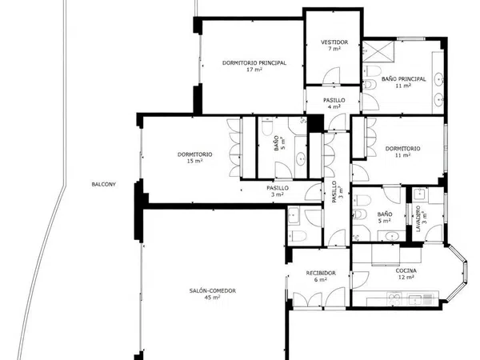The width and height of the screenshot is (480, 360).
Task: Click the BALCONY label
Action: tap(103, 185)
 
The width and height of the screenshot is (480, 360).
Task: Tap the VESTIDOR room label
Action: tap(334, 42)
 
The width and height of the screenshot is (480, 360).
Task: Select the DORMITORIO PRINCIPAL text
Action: tap(254, 63)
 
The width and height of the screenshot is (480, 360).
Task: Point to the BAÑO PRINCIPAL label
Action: tap(403, 79)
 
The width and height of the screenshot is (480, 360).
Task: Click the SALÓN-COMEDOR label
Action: tap(213, 291)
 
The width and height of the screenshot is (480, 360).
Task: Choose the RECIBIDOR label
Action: tap(321, 273)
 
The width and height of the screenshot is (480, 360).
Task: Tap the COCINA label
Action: tap(406, 271)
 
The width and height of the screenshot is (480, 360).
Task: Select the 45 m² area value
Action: tap(213, 298)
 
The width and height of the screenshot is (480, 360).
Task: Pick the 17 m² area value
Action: tap(254, 70)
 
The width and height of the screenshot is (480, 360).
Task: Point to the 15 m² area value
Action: tap(194, 161)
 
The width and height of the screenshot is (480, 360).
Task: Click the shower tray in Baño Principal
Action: tap(378, 52)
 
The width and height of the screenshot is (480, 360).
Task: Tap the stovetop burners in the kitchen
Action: tap(394, 298)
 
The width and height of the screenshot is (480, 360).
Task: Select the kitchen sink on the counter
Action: tap(420, 298)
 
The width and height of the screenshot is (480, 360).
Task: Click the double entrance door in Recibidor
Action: tap(308, 299)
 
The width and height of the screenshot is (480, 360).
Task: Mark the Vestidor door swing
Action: tap(332, 76)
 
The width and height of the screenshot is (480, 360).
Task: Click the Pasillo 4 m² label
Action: tap(334, 103)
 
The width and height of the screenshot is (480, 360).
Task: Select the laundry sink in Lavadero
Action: tap(418, 194)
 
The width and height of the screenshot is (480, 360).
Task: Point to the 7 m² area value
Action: tap(334, 49)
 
